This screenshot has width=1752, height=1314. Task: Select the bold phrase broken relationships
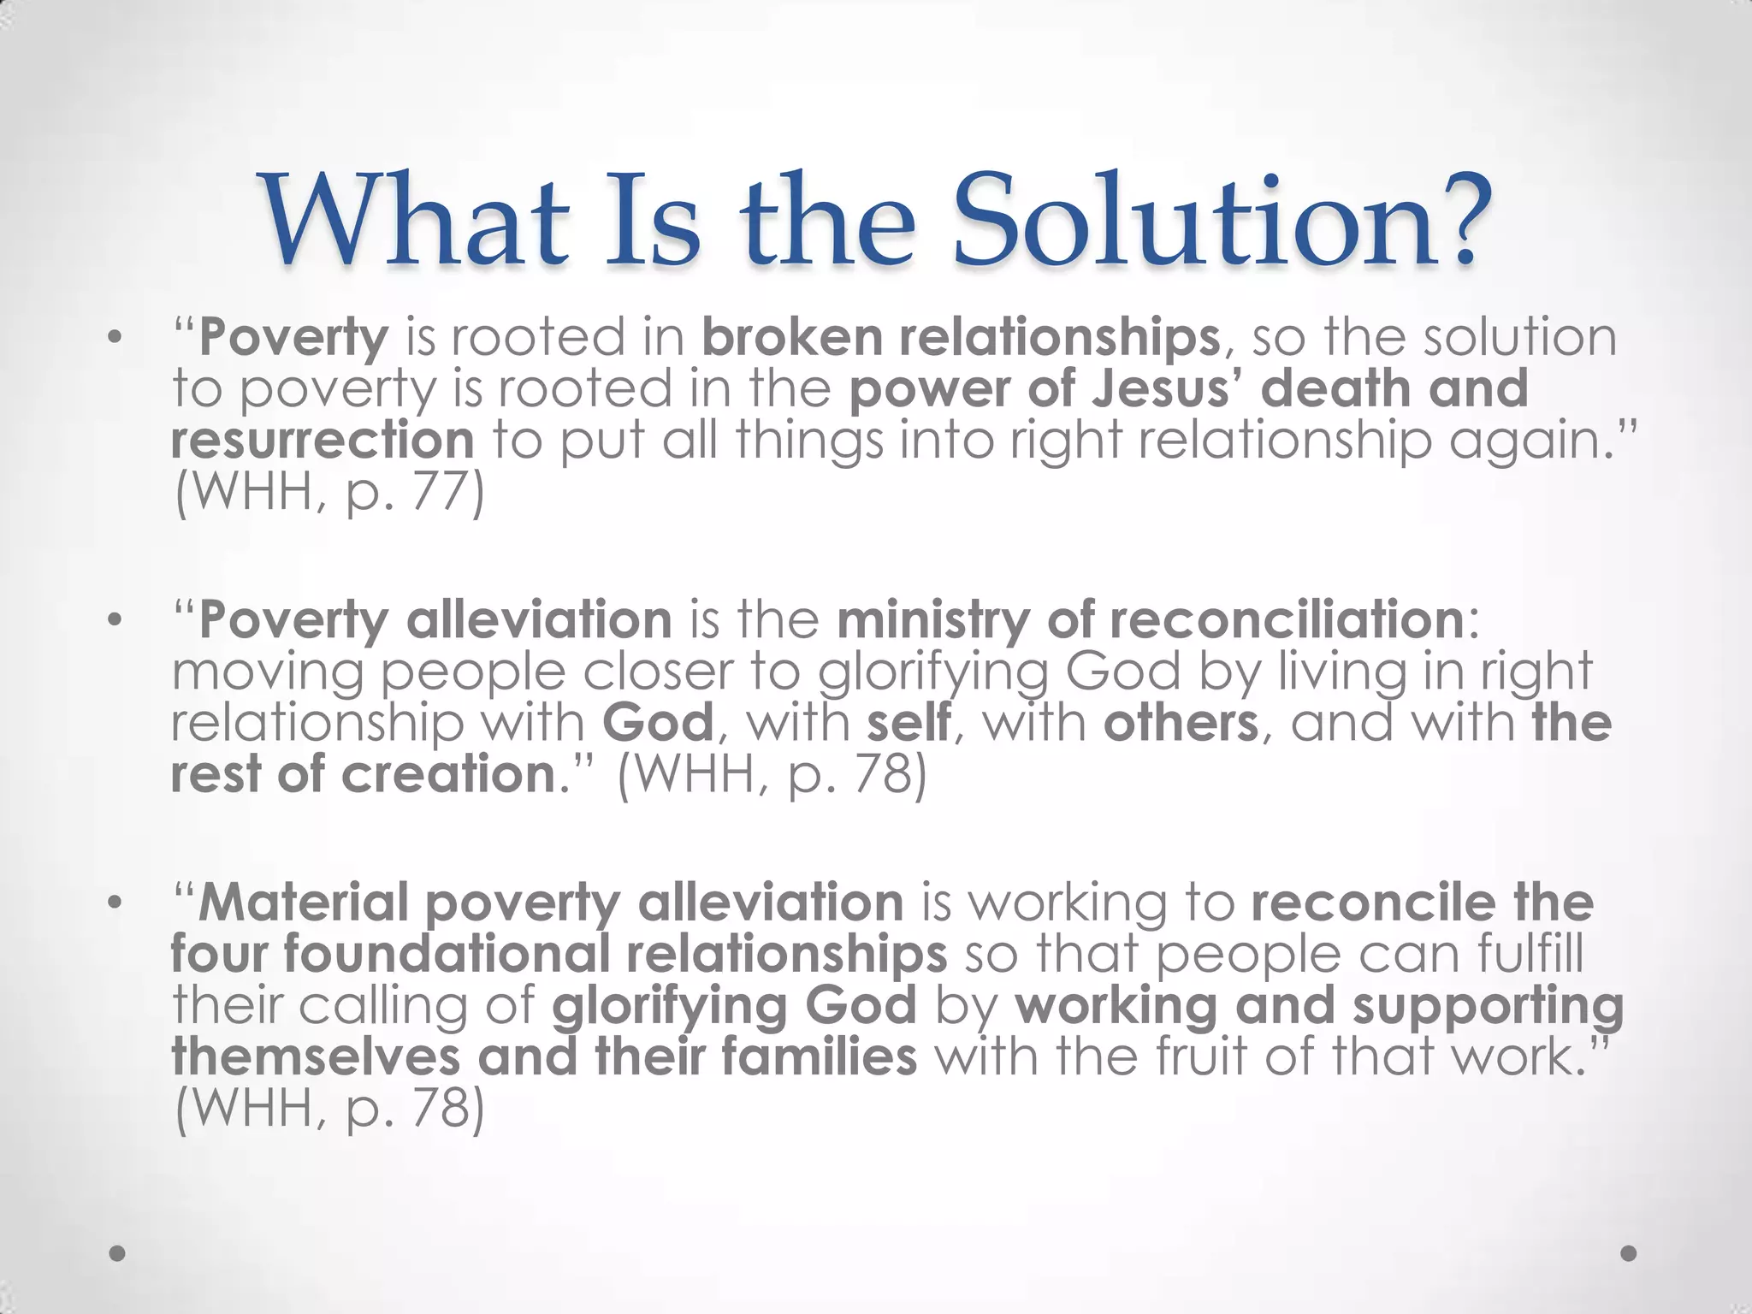961,338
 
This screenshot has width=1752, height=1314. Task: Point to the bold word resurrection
323,441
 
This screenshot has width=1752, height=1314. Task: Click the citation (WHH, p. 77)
329,493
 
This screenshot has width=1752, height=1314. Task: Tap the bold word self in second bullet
908,723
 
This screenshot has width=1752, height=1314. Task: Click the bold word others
1181,723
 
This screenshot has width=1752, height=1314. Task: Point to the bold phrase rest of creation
364,774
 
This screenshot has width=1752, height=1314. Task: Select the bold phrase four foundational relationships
558,955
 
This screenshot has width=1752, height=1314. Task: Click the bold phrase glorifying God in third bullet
734,1006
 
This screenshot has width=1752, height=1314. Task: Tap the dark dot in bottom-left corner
118,1253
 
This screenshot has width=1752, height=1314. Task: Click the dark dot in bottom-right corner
1629,1253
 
